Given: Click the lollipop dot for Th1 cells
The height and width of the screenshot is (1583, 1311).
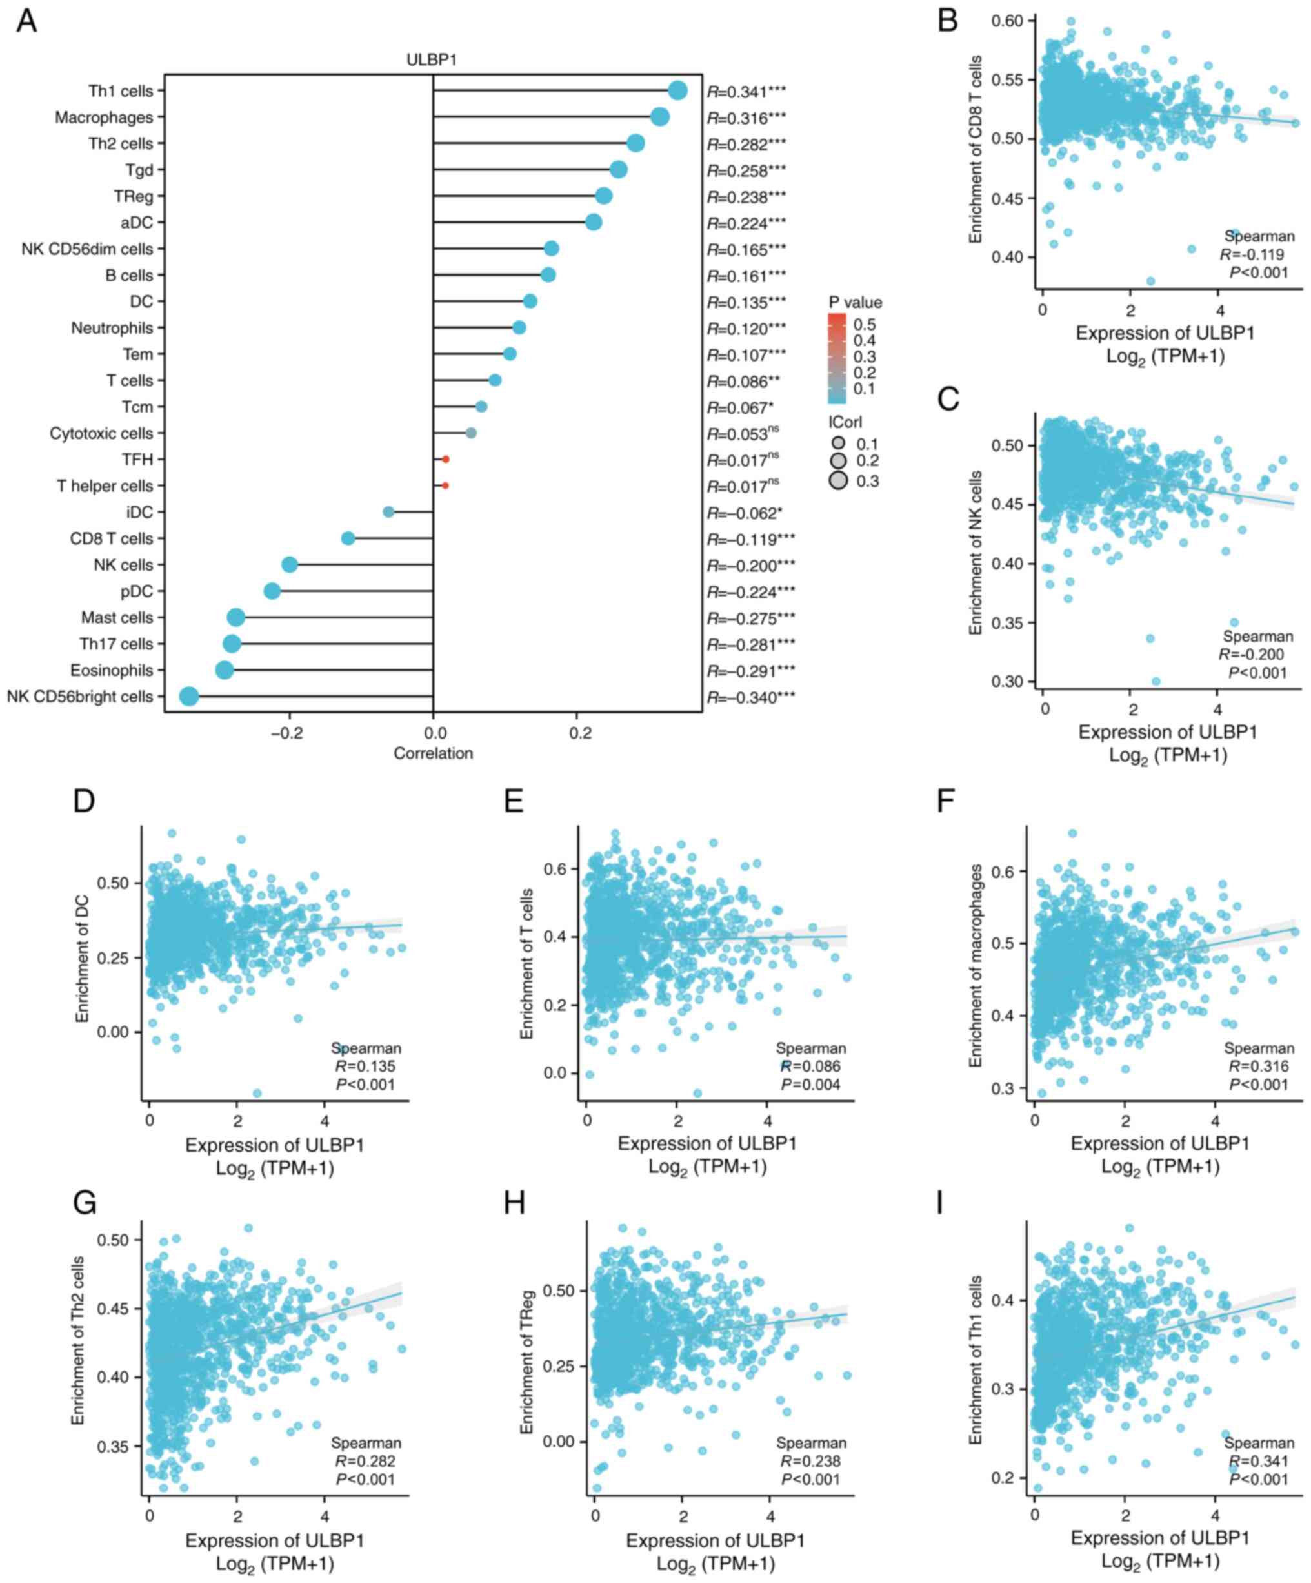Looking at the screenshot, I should click(x=677, y=90).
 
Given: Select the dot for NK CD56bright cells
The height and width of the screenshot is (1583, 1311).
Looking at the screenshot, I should click(x=189, y=697).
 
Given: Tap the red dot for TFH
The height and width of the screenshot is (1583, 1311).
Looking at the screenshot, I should click(x=445, y=459).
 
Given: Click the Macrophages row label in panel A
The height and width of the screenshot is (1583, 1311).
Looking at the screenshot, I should click(x=104, y=117).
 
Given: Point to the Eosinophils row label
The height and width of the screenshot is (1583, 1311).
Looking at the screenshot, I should click(x=112, y=670).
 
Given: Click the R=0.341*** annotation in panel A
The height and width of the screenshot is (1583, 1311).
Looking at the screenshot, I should click(x=746, y=92).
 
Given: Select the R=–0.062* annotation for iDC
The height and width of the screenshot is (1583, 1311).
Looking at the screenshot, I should click(x=745, y=513).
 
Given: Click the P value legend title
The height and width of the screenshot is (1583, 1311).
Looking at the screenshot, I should click(x=855, y=302).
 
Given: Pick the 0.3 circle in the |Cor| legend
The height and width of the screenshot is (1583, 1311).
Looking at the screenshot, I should click(x=838, y=480).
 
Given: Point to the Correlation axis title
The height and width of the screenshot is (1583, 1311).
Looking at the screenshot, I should click(x=433, y=753).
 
